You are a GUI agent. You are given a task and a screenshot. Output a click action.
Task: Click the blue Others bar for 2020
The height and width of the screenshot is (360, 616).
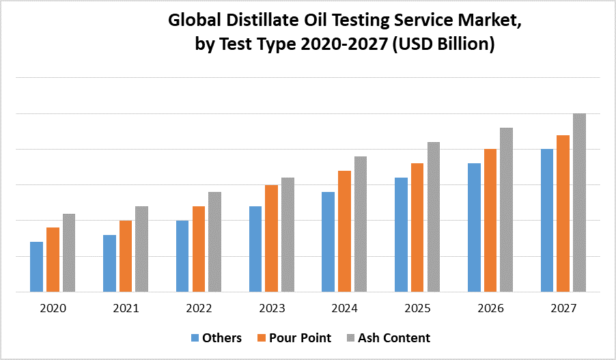pyautogui.click(x=36, y=266)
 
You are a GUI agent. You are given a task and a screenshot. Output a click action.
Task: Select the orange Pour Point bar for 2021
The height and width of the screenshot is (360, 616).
pyautogui.click(x=126, y=256)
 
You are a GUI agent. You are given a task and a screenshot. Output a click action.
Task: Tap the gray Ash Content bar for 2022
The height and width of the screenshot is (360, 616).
pyautogui.click(x=214, y=242)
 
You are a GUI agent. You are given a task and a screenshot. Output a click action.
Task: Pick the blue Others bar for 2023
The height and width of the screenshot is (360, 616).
pyautogui.click(x=255, y=249)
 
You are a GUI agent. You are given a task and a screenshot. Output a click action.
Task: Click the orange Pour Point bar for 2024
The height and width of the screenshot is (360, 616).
pyautogui.click(x=344, y=231)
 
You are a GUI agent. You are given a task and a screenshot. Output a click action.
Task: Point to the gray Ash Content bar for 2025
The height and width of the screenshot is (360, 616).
pyautogui.click(x=434, y=217)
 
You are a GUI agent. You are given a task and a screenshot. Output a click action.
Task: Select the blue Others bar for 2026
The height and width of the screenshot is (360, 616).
pyautogui.click(x=474, y=227)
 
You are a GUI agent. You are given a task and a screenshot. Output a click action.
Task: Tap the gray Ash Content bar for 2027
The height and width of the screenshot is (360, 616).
pyautogui.click(x=579, y=202)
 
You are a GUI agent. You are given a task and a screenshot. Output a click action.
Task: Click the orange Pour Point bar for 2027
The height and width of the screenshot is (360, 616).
pyautogui.click(x=563, y=213)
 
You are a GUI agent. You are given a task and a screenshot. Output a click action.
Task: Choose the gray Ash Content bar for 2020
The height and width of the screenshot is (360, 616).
pyautogui.click(x=69, y=253)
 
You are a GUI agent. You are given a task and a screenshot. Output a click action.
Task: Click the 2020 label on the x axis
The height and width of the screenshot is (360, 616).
pyautogui.click(x=53, y=309)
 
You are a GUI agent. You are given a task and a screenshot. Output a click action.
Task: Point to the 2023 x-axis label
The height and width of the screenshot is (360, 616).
pyautogui.click(x=272, y=309)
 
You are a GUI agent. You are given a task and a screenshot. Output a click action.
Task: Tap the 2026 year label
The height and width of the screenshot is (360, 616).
pyautogui.click(x=490, y=309)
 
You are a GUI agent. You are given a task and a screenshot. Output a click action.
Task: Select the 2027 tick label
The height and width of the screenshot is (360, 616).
pyautogui.click(x=563, y=309)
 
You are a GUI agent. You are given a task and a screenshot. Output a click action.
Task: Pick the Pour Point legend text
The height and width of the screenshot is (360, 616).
pyautogui.click(x=300, y=337)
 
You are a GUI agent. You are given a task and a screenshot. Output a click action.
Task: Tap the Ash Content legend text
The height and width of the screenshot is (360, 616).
pyautogui.click(x=394, y=337)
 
